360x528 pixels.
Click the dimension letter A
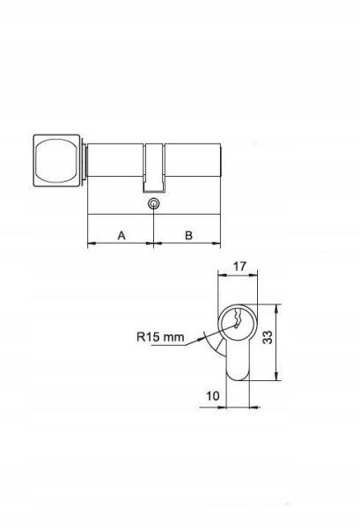(121, 235)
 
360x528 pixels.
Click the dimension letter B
(188, 235)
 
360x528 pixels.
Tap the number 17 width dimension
(239, 267)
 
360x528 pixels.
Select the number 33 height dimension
(268, 337)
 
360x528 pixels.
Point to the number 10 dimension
(212, 396)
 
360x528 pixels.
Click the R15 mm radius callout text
(161, 337)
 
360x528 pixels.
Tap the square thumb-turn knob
(57, 161)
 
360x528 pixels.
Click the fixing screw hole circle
(153, 203)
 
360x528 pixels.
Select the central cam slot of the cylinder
(154, 168)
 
